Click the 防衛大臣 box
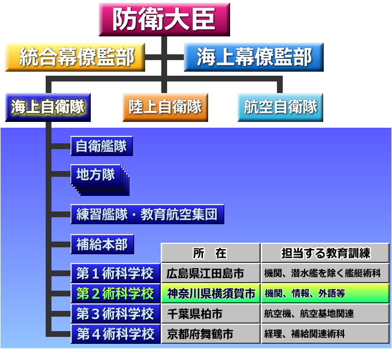(x=164, y=20)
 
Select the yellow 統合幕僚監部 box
(x=75, y=57)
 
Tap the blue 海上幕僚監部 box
(x=254, y=57)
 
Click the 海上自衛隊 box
(x=48, y=107)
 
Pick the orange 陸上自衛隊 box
(x=165, y=107)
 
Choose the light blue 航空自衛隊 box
(x=280, y=107)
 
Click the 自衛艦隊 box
(x=102, y=146)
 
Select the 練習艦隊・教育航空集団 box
(x=147, y=214)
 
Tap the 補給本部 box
(x=102, y=244)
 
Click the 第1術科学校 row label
(x=116, y=273)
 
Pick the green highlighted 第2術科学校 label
(x=116, y=294)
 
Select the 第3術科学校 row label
(x=116, y=314)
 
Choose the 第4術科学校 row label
(x=116, y=334)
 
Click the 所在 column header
(x=210, y=253)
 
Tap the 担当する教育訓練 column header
(x=326, y=253)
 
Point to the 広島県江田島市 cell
(x=210, y=273)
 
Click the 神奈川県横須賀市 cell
(x=210, y=294)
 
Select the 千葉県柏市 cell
(x=210, y=314)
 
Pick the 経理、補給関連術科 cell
(x=326, y=334)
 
